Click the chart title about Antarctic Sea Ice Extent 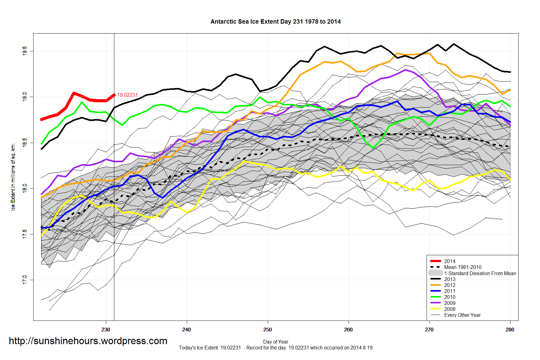point(276,22)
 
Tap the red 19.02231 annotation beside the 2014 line point(127,95)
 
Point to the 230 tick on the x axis point(106,330)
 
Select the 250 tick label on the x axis point(268,330)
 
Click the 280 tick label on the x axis point(510,330)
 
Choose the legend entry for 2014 point(450,261)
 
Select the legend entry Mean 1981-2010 point(463,267)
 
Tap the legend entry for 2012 point(450,285)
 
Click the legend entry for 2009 point(450,303)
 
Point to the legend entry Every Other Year point(462,315)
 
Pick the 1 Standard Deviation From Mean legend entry point(480,273)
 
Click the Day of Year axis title point(276,342)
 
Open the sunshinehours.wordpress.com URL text point(88,341)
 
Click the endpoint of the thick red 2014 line point(114,95)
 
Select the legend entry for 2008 point(450,309)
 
